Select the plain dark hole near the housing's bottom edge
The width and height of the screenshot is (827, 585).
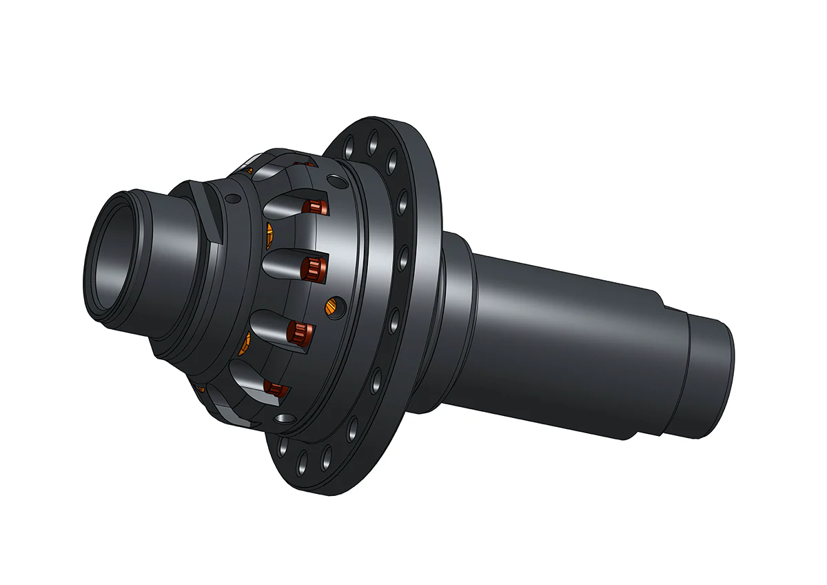(283, 419)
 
